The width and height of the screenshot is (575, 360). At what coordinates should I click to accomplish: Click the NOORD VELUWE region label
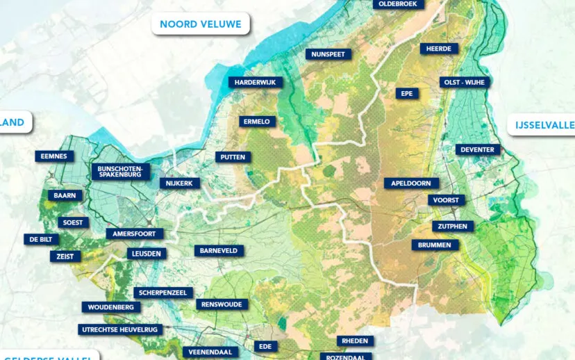(201, 24)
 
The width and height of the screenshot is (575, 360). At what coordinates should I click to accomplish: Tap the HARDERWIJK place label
(256, 82)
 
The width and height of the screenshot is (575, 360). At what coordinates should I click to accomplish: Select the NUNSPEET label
(328, 54)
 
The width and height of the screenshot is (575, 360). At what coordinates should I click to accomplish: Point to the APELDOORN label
(412, 183)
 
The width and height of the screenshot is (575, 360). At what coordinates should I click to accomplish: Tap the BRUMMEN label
(435, 245)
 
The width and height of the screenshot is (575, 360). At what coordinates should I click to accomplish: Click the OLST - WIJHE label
(465, 82)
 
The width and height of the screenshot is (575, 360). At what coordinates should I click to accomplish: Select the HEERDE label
(440, 49)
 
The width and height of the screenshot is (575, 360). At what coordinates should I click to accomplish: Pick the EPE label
(407, 93)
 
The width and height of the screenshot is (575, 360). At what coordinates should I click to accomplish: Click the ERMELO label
(257, 122)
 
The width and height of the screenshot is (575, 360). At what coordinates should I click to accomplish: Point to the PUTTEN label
(233, 157)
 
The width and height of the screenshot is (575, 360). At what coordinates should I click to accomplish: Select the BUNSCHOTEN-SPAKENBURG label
(120, 172)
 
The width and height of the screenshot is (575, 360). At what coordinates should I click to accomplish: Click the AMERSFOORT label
(135, 234)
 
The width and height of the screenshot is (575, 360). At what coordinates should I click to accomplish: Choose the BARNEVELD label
(219, 250)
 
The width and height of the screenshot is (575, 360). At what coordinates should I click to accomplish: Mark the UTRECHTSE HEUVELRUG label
(120, 329)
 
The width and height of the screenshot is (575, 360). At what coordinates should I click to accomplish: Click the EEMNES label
(54, 156)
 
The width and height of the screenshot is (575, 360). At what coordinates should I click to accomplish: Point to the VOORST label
(446, 200)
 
